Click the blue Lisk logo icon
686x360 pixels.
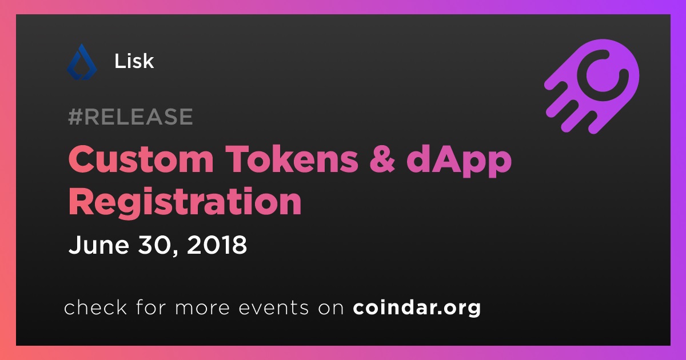[x=82, y=62]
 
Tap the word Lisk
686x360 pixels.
[x=134, y=61]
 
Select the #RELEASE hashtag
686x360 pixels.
[x=130, y=117]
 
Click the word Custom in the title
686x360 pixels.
[x=141, y=159]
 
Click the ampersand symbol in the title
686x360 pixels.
[x=382, y=159]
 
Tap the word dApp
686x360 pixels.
[x=459, y=161]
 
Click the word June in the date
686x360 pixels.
[x=98, y=245]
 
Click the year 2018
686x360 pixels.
[x=217, y=245]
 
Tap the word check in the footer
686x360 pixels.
[x=95, y=307]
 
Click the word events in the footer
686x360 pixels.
[x=274, y=307]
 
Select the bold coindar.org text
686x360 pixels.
[x=417, y=308]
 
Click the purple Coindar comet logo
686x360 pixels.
[x=592, y=87]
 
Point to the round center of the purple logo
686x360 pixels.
[x=603, y=75]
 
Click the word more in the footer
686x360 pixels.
[x=202, y=308]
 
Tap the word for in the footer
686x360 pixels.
[x=151, y=307]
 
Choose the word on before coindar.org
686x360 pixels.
[x=331, y=308]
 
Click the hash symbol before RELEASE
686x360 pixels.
[x=75, y=117]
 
